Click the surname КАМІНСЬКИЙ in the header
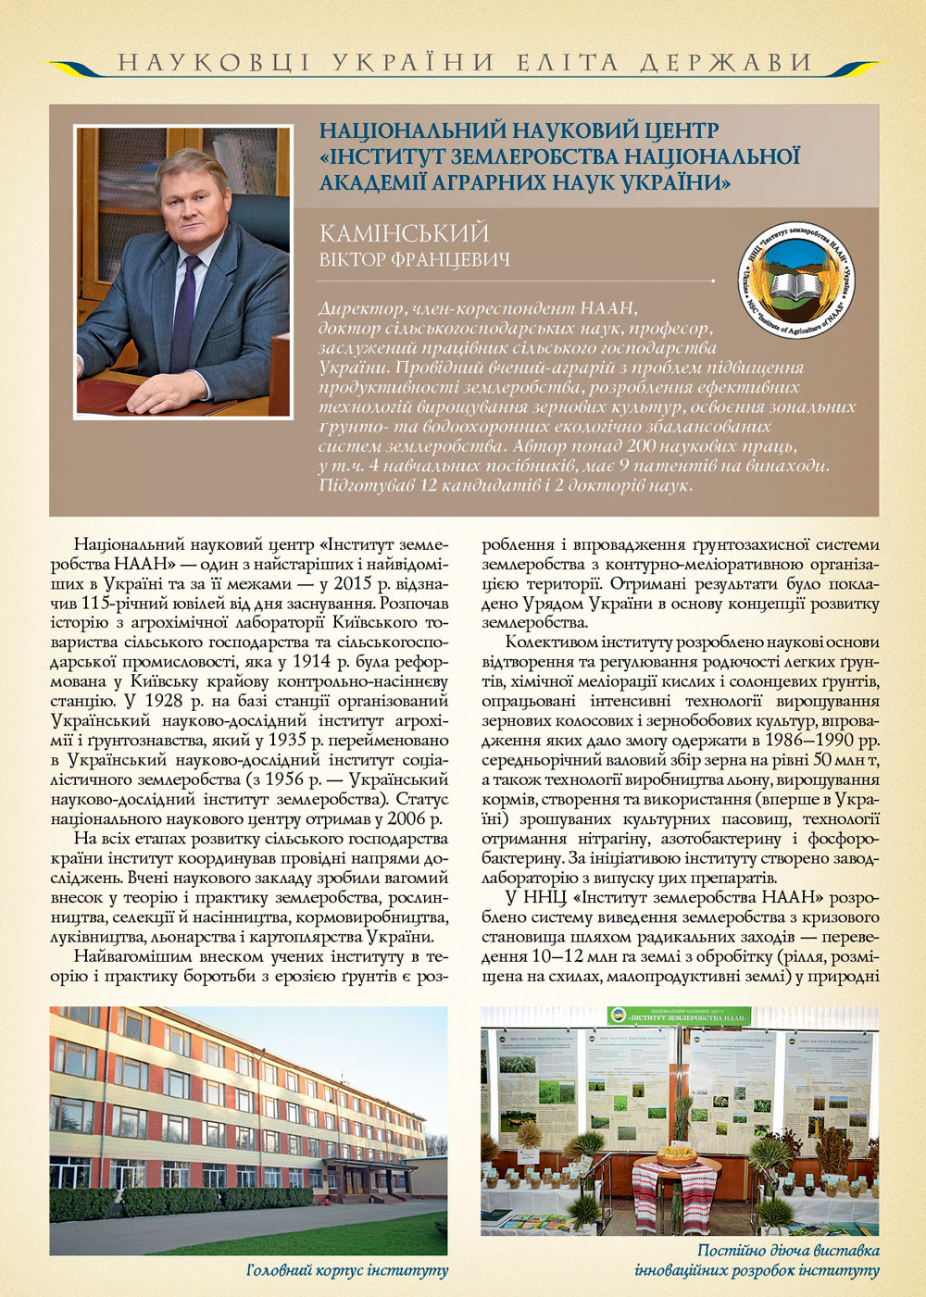click(x=404, y=233)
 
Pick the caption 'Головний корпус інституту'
click(x=347, y=1270)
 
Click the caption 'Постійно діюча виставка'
click(x=788, y=1251)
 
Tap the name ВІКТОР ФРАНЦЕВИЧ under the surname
click(x=414, y=260)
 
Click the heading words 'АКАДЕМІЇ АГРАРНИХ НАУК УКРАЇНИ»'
click(x=525, y=182)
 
